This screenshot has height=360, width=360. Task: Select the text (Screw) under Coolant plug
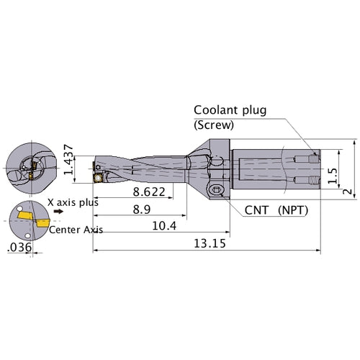(x=213, y=124)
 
